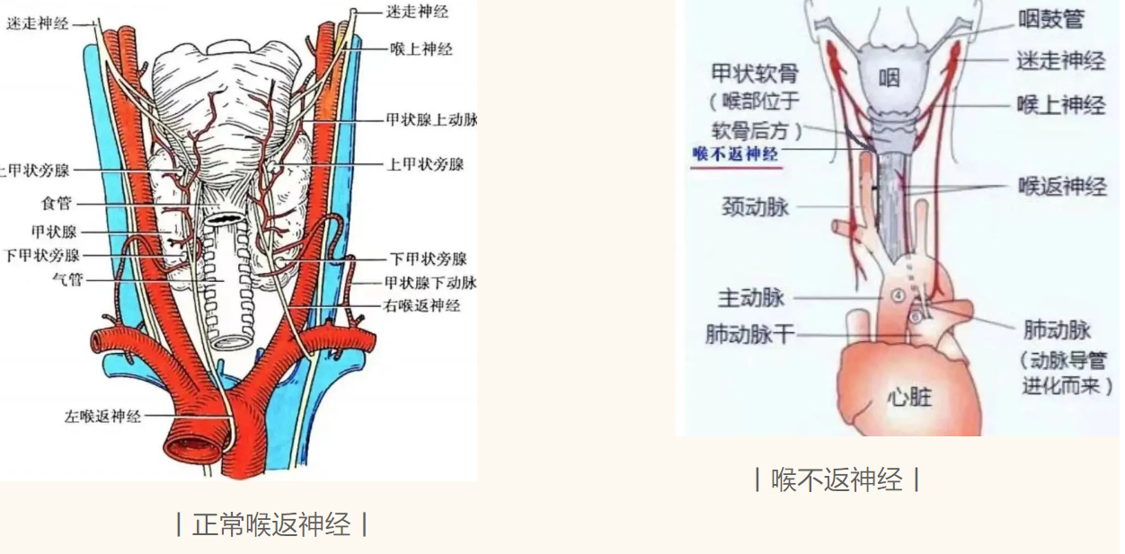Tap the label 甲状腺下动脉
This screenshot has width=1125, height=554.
(430, 283)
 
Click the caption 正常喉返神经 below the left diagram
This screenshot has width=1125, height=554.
(271, 524)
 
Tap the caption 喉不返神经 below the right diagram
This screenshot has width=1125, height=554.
(837, 479)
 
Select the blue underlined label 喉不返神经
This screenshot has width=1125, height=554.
(735, 154)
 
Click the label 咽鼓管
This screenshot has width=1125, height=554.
(1050, 19)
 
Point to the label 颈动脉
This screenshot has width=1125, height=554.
(755, 207)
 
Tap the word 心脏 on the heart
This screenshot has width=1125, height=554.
(909, 396)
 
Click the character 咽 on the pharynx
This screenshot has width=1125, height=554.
(889, 77)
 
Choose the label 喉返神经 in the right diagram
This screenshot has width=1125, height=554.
(1062, 187)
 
